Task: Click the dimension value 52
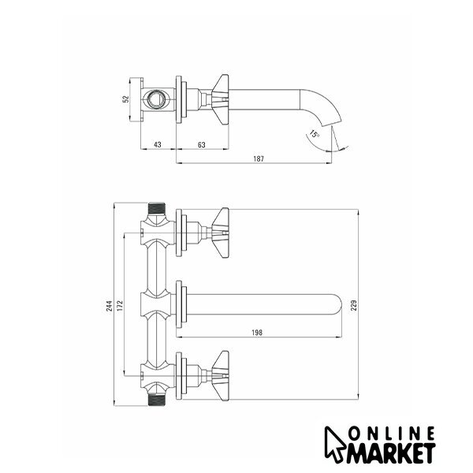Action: tap(126, 99)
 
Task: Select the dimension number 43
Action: tap(158, 145)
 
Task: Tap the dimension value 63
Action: tap(202, 145)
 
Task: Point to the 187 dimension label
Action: tap(259, 158)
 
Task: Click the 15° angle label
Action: tap(314, 134)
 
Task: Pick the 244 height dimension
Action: tap(110, 306)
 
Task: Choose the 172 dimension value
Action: tap(120, 306)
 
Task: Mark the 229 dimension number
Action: tap(354, 305)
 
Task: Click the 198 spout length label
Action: tap(257, 333)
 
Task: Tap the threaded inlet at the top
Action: tap(157, 208)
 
